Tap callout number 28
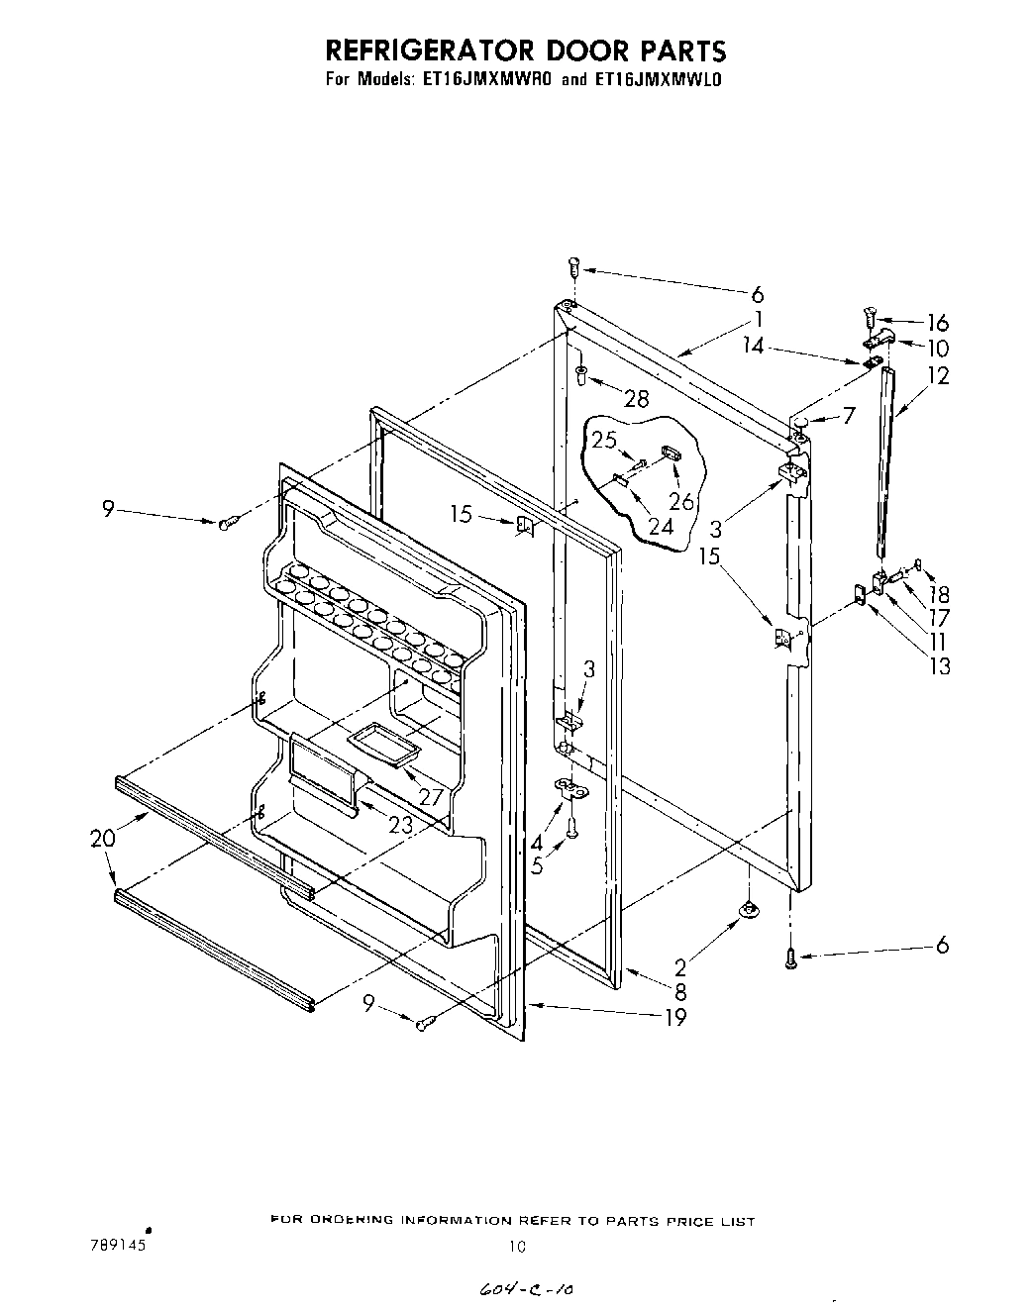pos(636,398)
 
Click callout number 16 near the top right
pos(937,322)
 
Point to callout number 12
pos(938,375)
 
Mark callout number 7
pos(848,416)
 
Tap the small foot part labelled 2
pos(750,908)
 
